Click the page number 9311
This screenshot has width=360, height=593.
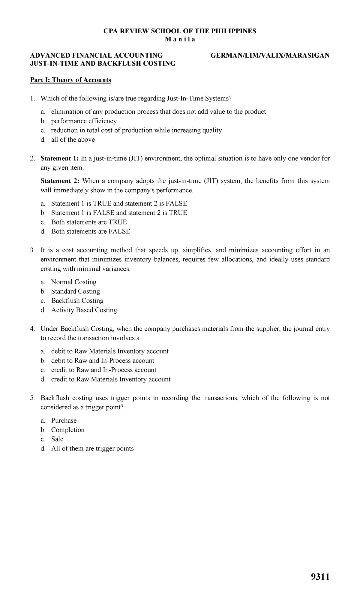click(x=320, y=577)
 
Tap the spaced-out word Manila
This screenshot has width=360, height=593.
click(x=180, y=40)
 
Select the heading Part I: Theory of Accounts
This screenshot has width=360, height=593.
click(x=70, y=80)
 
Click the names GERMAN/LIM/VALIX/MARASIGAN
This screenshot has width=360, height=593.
click(x=270, y=55)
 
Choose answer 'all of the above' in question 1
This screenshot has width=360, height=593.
click(x=73, y=140)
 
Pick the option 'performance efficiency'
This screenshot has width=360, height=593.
click(x=84, y=121)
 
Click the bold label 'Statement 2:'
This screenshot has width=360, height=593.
click(x=60, y=181)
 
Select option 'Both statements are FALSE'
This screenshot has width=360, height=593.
click(x=91, y=231)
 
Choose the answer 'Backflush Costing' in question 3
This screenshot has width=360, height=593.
click(x=77, y=301)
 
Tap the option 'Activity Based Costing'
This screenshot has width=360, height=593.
click(x=84, y=310)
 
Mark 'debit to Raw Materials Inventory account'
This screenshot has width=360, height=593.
click(x=110, y=351)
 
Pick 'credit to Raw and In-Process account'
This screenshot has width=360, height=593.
click(x=104, y=370)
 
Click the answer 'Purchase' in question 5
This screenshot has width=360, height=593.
click(x=64, y=420)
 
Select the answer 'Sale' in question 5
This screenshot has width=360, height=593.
click(x=57, y=439)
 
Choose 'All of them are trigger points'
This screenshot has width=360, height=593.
click(x=92, y=448)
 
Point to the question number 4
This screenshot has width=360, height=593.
click(x=32, y=329)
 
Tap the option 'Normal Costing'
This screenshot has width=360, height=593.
click(x=74, y=282)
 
